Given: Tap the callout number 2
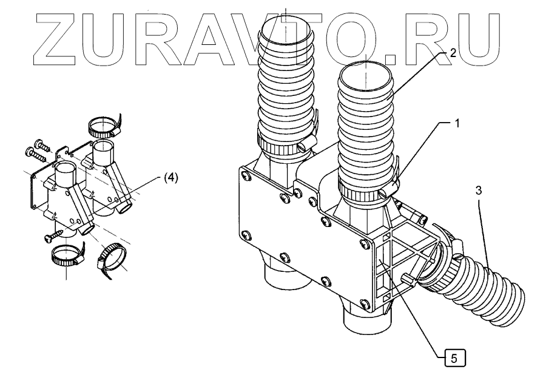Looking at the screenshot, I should point(453,53).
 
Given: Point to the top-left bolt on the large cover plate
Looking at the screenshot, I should point(244,176).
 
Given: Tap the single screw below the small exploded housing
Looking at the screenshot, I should point(55,234).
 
